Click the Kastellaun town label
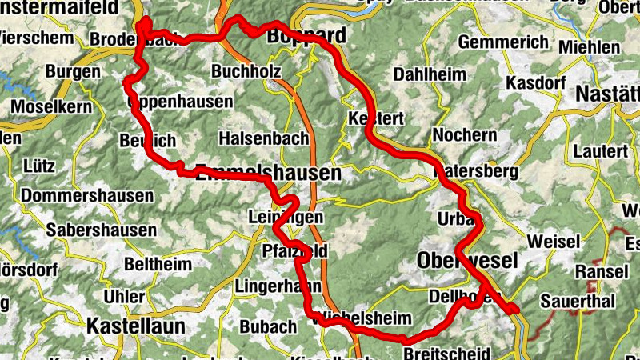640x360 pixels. coord(135,326)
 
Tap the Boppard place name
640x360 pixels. coord(306,37)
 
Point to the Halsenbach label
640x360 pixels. coord(262,138)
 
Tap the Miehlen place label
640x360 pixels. coord(589,47)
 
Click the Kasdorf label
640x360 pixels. coord(536,83)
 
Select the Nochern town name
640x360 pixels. coord(464,134)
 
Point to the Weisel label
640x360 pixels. coord(553,241)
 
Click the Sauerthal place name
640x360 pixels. coord(577,301)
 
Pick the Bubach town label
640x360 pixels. coord(268,326)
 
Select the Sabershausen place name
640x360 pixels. coord(102,230)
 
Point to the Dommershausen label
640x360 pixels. coord(88,196)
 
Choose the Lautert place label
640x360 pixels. coord(601,150)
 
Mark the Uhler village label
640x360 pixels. coord(125,297)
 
